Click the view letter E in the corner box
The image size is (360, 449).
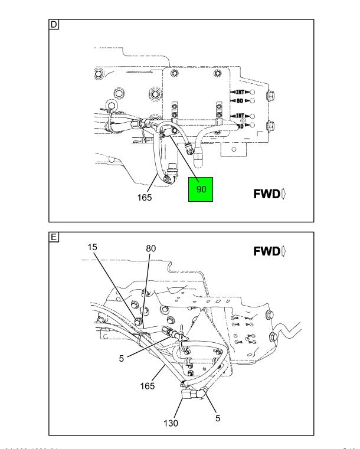point(54,238)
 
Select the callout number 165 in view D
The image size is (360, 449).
point(145,198)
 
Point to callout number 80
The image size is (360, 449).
point(150,249)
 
